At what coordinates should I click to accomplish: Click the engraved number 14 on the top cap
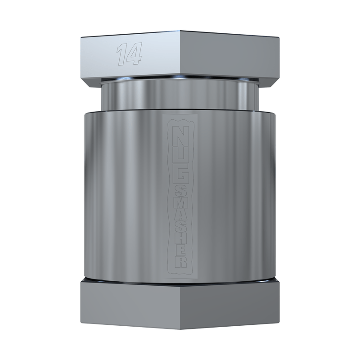[130, 54]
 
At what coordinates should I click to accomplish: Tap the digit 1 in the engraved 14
[121, 54]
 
